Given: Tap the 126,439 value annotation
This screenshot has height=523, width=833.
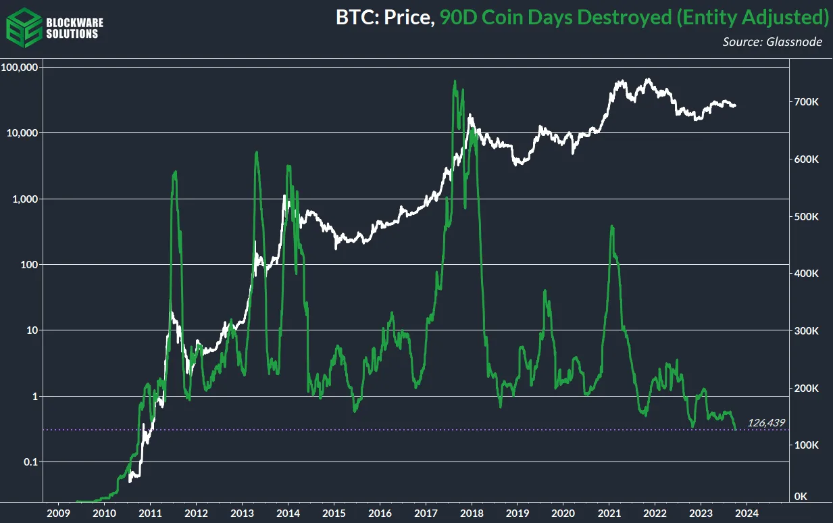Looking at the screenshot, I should [x=765, y=424].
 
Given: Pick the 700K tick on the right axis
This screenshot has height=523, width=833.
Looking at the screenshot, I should [x=807, y=102].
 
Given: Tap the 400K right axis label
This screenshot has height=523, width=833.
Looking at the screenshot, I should [x=807, y=274].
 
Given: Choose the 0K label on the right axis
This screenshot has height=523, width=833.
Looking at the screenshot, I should [x=801, y=497].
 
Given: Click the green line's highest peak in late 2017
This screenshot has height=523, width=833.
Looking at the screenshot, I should [x=455, y=81].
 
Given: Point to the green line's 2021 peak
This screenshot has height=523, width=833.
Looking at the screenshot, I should [x=611, y=226].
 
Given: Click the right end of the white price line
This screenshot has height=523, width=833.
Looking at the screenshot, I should [x=736, y=106].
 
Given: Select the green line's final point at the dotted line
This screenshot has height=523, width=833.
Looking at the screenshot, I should [x=736, y=429].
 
